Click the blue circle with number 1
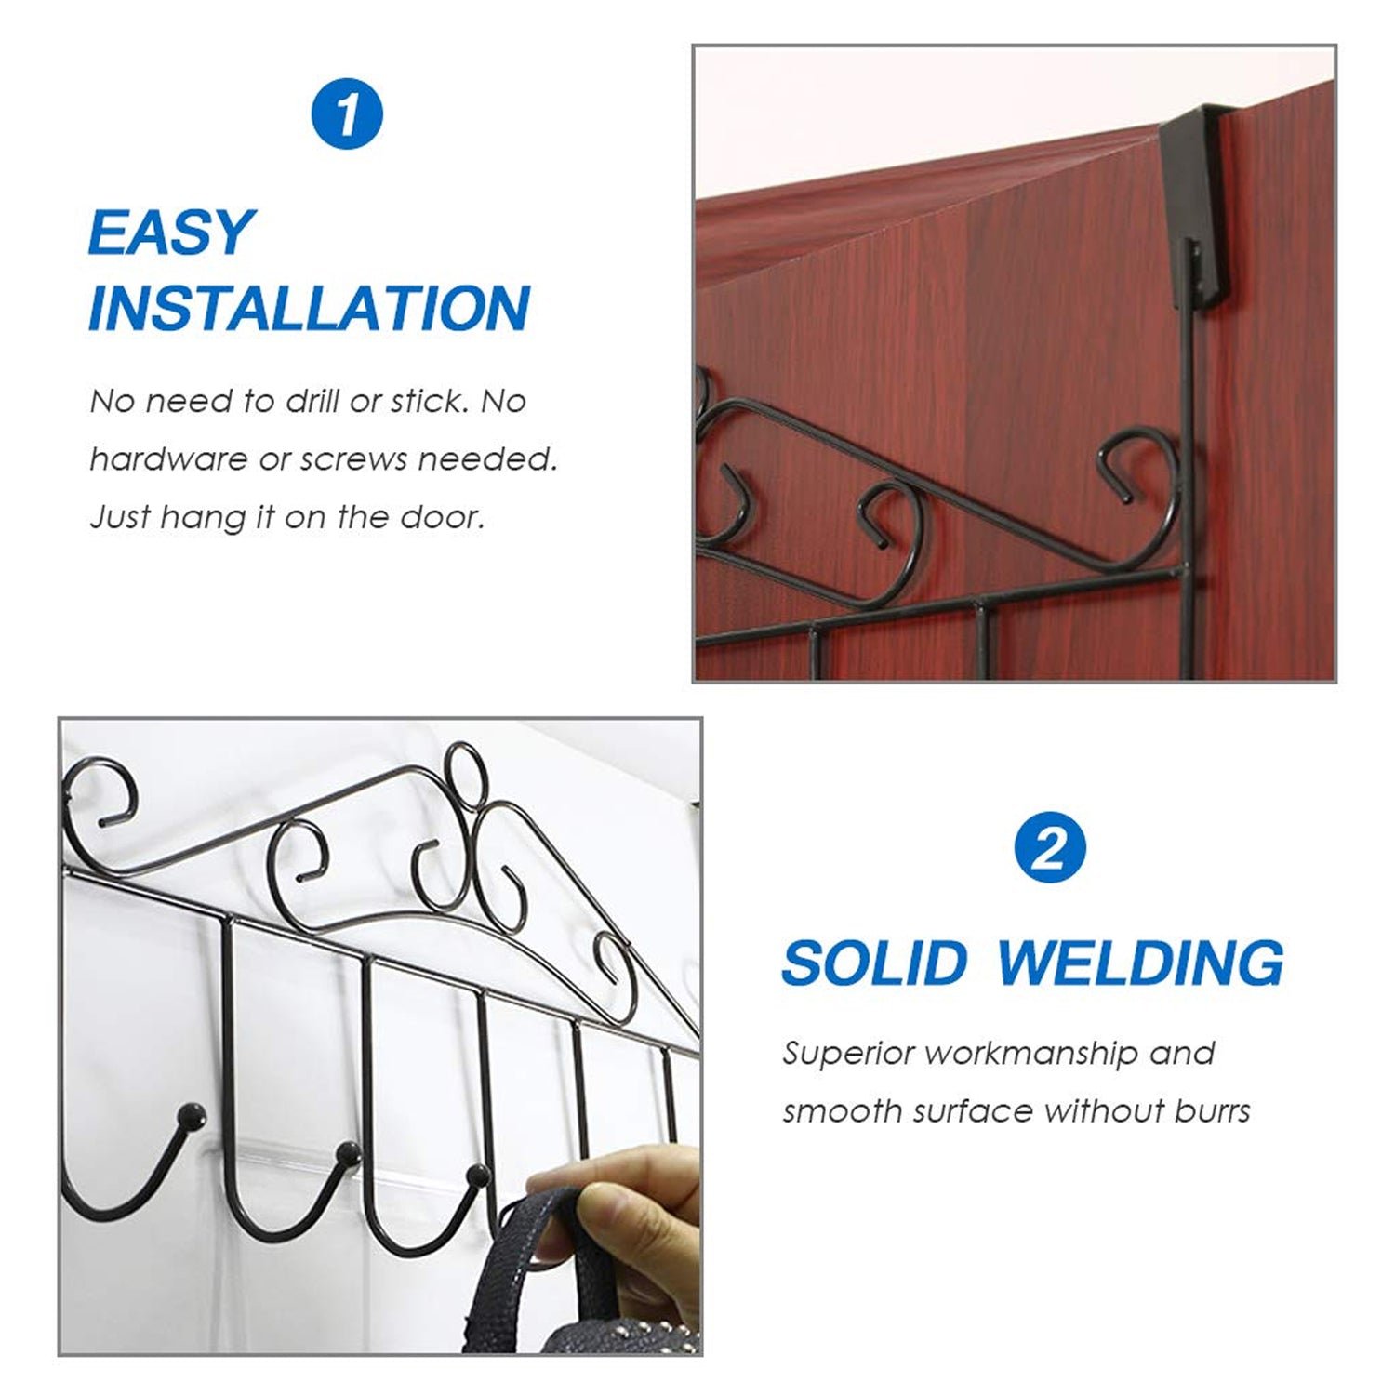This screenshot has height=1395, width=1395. pos(346,115)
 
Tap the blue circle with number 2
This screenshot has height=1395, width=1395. pos(1049,847)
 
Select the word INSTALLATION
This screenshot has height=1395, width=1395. pos(309,309)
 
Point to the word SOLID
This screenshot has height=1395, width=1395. pos(874,963)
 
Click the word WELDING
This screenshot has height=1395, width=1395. pos(1140,963)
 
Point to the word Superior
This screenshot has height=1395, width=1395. pos(847,1054)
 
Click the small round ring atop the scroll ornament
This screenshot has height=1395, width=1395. pos(462,764)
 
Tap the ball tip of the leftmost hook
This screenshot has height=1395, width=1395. pos(193,1112)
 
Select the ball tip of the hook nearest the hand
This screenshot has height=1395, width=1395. pos(478,1175)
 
